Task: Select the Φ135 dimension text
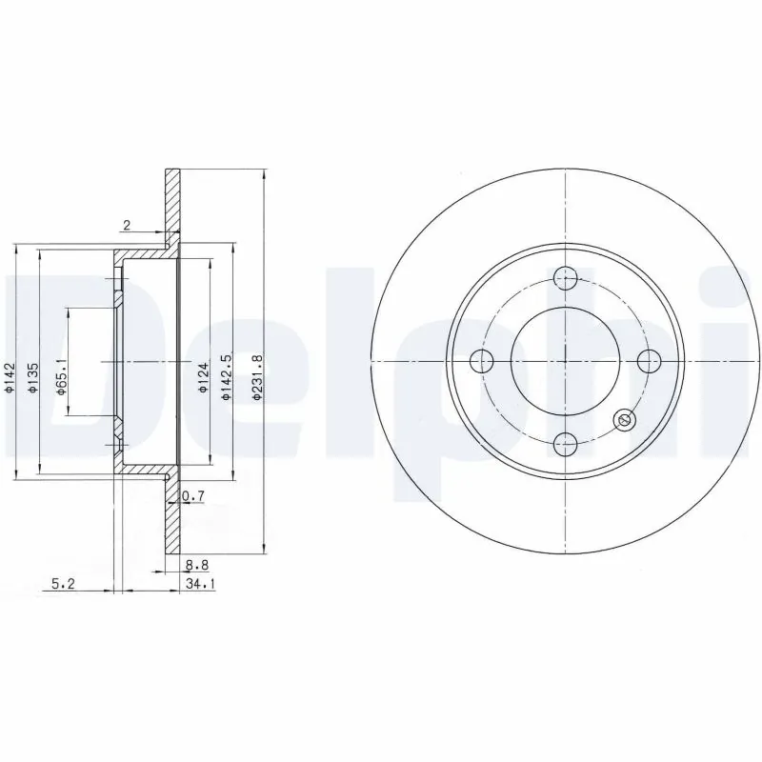[32, 376]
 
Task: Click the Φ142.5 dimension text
[227, 376]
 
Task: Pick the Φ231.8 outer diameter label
[256, 376]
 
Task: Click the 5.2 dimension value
[64, 585]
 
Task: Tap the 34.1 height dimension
[198, 585]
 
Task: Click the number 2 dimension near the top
[126, 225]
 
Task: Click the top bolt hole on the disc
[567, 279]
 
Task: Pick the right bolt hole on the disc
[649, 361]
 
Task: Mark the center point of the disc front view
[567, 361]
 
